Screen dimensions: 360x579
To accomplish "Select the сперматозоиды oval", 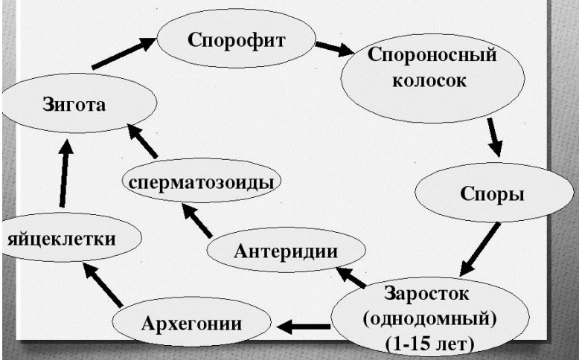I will point(199,182).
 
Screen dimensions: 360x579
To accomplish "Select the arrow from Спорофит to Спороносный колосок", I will point(333,49).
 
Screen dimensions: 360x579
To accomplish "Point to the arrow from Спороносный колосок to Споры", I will point(492,135).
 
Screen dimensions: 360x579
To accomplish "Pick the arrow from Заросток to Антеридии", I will point(351,277).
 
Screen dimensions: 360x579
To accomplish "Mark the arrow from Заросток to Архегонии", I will point(305,325).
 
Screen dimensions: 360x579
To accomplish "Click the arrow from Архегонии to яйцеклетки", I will point(101,283).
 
